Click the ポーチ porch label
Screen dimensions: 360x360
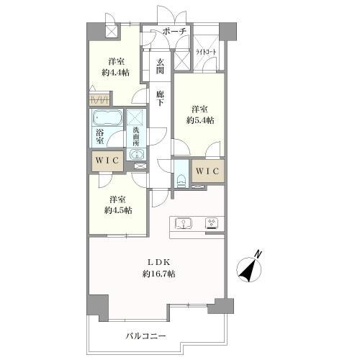click(x=174, y=31)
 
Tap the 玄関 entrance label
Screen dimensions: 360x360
click(x=160, y=66)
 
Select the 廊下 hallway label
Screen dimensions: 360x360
click(x=160, y=98)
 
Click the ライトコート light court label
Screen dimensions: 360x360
click(x=206, y=52)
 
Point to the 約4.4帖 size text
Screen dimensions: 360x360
click(x=115, y=72)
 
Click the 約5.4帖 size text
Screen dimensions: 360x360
click(x=200, y=120)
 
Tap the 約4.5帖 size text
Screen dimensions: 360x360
click(x=118, y=210)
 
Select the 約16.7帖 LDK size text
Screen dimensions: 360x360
click(x=158, y=274)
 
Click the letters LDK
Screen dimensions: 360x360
click(x=158, y=262)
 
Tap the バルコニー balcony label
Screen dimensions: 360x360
click(x=146, y=336)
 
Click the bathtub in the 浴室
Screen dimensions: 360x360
click(x=107, y=117)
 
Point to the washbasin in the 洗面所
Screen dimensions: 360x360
click(x=136, y=153)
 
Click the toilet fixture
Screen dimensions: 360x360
click(x=181, y=181)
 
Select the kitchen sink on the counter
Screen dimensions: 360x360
click(x=184, y=223)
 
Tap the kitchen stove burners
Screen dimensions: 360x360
click(x=212, y=223)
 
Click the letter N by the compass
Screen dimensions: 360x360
click(x=258, y=254)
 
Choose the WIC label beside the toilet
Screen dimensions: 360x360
click(x=207, y=171)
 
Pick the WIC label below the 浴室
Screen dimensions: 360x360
click(x=107, y=161)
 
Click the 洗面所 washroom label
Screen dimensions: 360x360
click(x=136, y=137)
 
